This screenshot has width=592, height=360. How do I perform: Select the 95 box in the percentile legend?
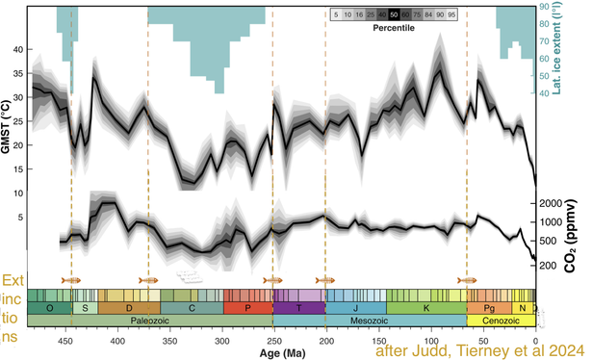pos(477,15)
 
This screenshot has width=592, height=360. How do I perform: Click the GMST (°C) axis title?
pos(9,135)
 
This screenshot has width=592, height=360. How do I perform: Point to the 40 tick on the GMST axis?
pos(16,48)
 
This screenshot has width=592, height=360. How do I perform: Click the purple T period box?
pos(297,307)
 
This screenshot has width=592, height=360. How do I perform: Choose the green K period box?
pos(426,307)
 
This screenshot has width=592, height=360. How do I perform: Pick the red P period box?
pos(246,307)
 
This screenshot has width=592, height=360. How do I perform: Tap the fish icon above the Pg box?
pos(467,280)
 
